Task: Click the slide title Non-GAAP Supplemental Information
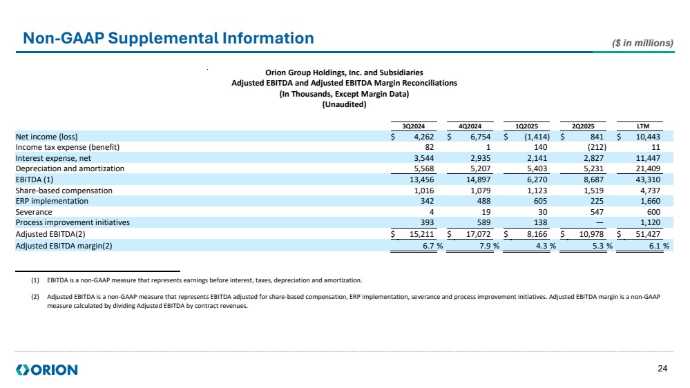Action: (x=168, y=39)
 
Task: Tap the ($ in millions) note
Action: (x=643, y=43)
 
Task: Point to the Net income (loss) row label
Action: (x=48, y=137)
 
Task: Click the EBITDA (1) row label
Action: (x=36, y=180)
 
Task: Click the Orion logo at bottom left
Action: (x=47, y=370)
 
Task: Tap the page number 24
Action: (x=663, y=369)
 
